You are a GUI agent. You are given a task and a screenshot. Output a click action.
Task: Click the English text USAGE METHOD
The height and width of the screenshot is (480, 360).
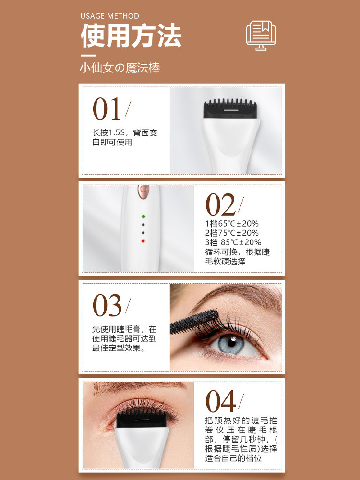click(x=109, y=16)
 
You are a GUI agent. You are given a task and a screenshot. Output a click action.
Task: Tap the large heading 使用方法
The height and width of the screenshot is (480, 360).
click(x=131, y=36)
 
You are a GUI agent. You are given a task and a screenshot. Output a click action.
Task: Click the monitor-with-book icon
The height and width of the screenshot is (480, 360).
click(x=261, y=35)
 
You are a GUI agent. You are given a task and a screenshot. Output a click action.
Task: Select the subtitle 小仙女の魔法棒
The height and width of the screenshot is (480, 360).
click(x=120, y=68)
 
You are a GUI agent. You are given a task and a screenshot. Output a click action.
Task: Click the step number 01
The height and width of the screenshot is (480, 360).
click(x=107, y=109)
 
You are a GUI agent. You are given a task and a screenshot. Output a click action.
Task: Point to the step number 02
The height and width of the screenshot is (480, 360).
click(x=220, y=205)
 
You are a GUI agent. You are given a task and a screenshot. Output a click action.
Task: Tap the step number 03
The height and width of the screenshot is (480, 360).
click(x=107, y=305)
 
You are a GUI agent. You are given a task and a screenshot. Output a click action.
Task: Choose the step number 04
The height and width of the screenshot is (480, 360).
click(x=220, y=401)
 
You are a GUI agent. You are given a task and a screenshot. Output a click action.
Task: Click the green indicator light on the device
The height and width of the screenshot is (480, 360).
click(x=143, y=216)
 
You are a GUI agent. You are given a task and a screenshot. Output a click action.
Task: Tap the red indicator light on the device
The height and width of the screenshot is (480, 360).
click(x=143, y=241)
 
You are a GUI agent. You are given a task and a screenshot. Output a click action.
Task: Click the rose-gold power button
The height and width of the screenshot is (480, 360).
click(x=143, y=191)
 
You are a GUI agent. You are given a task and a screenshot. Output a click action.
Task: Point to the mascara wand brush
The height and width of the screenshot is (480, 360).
click(x=194, y=322)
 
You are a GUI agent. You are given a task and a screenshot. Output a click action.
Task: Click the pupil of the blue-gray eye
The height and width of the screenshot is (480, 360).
click(x=232, y=342)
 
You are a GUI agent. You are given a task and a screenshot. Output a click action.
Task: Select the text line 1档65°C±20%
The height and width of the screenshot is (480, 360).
click(x=232, y=224)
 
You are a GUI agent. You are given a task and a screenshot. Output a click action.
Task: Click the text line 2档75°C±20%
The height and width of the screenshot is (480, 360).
click(x=232, y=233)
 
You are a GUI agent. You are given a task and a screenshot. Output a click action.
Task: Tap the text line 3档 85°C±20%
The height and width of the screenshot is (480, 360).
click(x=233, y=242)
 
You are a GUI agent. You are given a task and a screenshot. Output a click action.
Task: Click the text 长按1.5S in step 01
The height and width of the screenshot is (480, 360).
click(x=108, y=133)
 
